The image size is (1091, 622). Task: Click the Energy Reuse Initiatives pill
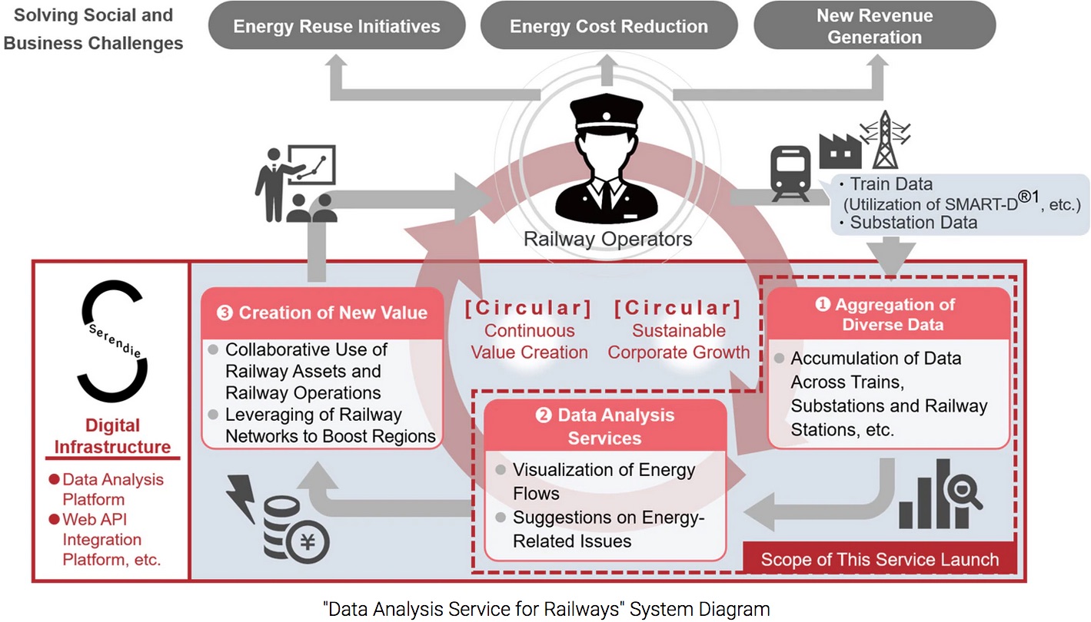(337, 25)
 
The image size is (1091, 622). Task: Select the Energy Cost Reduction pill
(609, 25)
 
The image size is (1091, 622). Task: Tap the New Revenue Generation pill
(875, 25)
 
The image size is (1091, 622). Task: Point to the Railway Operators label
(608, 240)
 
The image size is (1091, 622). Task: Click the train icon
(790, 174)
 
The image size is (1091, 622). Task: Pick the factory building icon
(840, 151)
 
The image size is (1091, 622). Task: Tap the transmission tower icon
(885, 140)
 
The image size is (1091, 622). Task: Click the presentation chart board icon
(311, 164)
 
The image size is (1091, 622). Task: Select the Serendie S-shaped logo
(112, 341)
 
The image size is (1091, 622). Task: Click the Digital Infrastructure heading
(112, 436)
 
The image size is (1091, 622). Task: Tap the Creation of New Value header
(322, 313)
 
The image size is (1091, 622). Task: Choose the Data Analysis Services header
(605, 426)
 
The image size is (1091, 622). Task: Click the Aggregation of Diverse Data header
(888, 314)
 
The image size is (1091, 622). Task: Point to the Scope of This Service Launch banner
(880, 559)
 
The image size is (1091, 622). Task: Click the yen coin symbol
(308, 542)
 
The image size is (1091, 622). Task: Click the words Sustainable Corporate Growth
(678, 342)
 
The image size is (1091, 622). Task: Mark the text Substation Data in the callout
(913, 222)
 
